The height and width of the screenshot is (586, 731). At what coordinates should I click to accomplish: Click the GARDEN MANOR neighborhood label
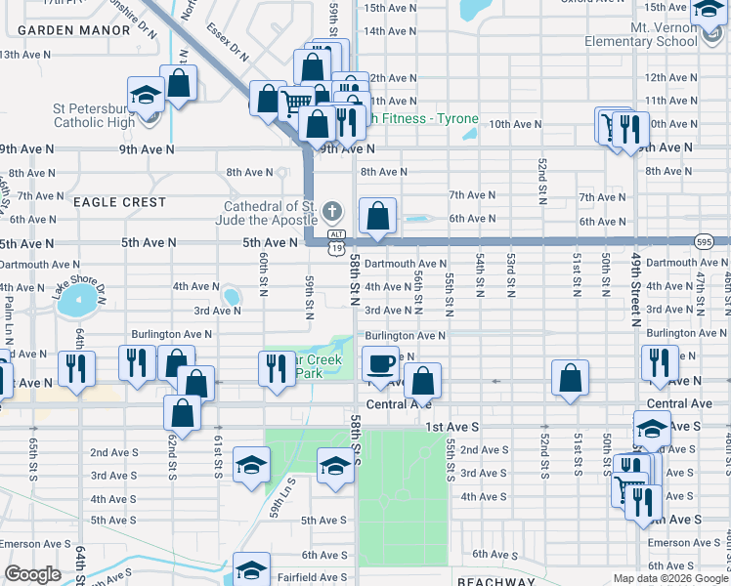(x=74, y=30)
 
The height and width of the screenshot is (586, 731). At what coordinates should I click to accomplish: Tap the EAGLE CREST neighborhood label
(x=120, y=202)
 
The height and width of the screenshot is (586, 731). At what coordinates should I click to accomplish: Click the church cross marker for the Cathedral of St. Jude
(x=332, y=212)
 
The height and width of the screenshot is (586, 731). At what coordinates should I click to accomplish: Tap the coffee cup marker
(x=380, y=364)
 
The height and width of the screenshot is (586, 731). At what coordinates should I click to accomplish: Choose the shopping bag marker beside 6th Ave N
(x=377, y=216)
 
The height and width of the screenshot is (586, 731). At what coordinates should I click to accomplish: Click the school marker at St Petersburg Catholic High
(x=146, y=97)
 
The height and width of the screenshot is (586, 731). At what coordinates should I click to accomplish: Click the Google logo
(x=32, y=574)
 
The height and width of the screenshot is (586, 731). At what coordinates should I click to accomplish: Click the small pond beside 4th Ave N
(x=232, y=296)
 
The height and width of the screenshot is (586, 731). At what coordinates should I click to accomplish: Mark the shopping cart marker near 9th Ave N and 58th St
(x=295, y=102)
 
